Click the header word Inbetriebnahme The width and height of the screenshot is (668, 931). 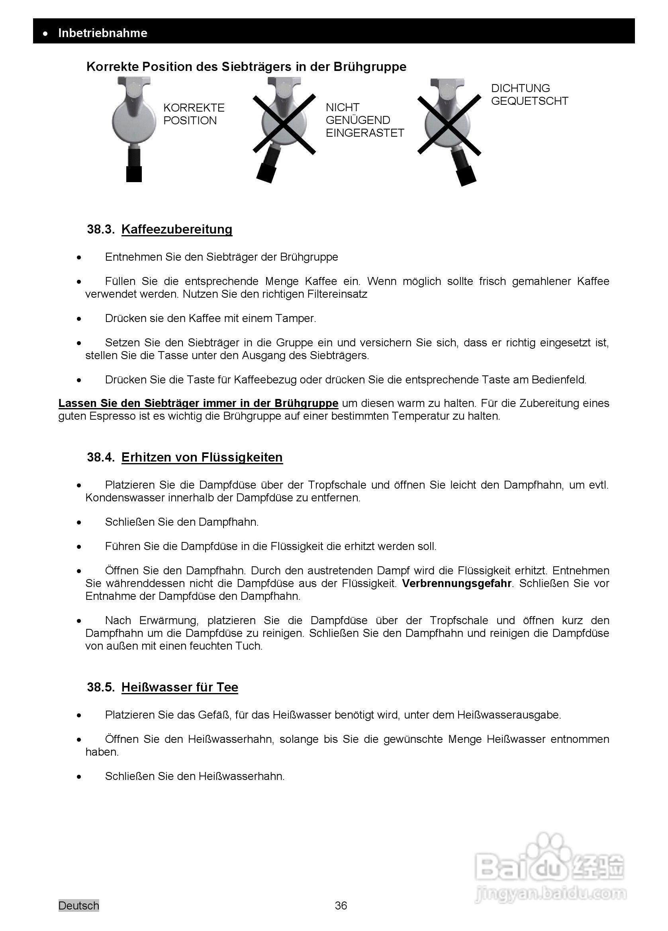pyautogui.click(x=103, y=33)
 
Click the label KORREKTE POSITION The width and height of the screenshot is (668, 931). pyautogui.click(x=194, y=114)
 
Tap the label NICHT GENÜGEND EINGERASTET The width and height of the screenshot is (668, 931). pyautogui.click(x=364, y=120)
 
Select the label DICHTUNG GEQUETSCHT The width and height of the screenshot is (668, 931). pyautogui.click(x=529, y=94)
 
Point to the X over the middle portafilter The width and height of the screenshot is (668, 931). pyautogui.click(x=284, y=124)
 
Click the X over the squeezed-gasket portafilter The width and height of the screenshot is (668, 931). pyautogui.click(x=449, y=124)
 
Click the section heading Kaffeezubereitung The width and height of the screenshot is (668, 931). pyautogui.click(x=177, y=229)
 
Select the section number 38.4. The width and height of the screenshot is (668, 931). pyautogui.click(x=100, y=457)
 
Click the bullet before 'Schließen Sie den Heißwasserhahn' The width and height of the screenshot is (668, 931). pyautogui.click(x=79, y=777)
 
